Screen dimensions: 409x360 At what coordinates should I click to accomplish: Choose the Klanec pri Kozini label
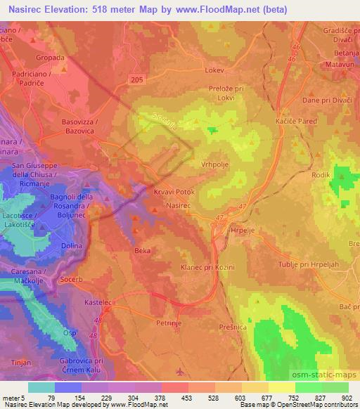(207, 267)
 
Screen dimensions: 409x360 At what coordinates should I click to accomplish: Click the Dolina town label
(72, 245)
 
